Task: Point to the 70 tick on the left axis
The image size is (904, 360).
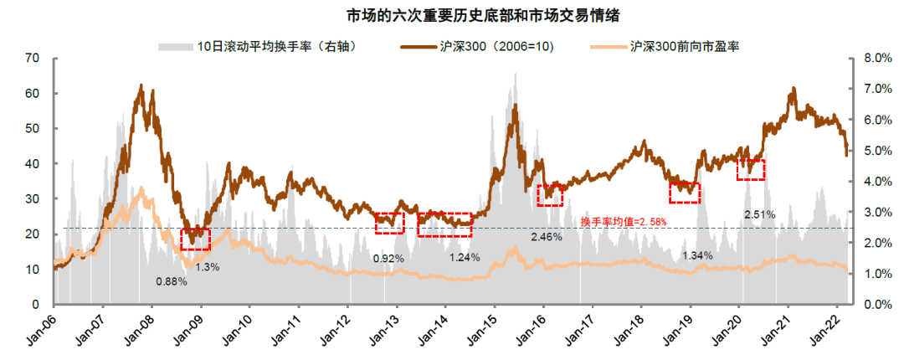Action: (33, 58)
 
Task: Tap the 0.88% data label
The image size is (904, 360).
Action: (171, 281)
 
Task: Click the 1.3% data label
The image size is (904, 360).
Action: (208, 267)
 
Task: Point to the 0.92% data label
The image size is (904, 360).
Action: (388, 259)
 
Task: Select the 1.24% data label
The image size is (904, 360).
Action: (464, 257)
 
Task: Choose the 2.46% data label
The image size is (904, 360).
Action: (546, 237)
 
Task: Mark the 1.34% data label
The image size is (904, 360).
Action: (697, 255)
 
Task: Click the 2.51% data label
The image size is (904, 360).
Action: (759, 214)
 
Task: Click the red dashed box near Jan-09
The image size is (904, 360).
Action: (196, 239)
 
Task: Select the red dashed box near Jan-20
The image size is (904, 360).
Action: (751, 169)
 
